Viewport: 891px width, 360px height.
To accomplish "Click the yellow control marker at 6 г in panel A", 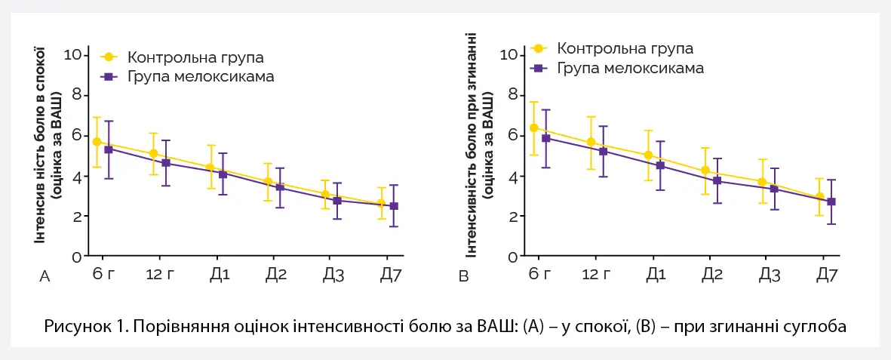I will click(97, 142).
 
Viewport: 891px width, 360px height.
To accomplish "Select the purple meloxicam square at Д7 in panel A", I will click(394, 206).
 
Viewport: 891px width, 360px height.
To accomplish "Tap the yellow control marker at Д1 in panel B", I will click(648, 155).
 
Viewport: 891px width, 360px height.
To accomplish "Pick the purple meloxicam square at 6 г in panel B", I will click(545, 138).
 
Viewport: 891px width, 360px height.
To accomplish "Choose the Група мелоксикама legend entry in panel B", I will click(630, 68).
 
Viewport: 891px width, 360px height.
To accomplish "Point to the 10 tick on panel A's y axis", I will click(73, 54).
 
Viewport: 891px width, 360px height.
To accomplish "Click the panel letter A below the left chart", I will click(45, 278).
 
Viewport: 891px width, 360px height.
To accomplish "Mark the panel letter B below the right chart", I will click(464, 278).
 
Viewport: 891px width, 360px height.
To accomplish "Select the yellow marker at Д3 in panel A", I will click(325, 195).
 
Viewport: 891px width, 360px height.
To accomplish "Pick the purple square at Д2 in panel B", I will click(717, 181).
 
